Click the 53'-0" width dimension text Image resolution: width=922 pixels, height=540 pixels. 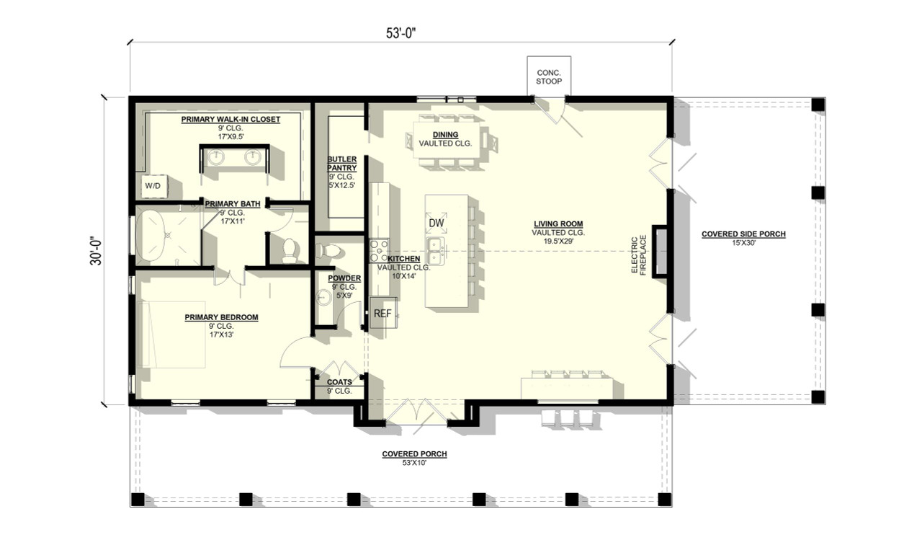pyautogui.click(x=400, y=34)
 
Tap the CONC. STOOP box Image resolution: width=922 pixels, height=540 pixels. pyautogui.click(x=549, y=76)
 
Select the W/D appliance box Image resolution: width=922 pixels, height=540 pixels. pyautogui.click(x=153, y=186)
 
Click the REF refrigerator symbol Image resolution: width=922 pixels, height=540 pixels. pyautogui.click(x=382, y=314)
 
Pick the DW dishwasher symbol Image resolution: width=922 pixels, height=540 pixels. pyautogui.click(x=437, y=223)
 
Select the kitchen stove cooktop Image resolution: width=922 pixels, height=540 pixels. pyautogui.click(x=379, y=250)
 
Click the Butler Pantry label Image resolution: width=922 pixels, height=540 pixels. pyautogui.click(x=342, y=164)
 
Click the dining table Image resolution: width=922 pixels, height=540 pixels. pyautogui.click(x=445, y=139)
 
